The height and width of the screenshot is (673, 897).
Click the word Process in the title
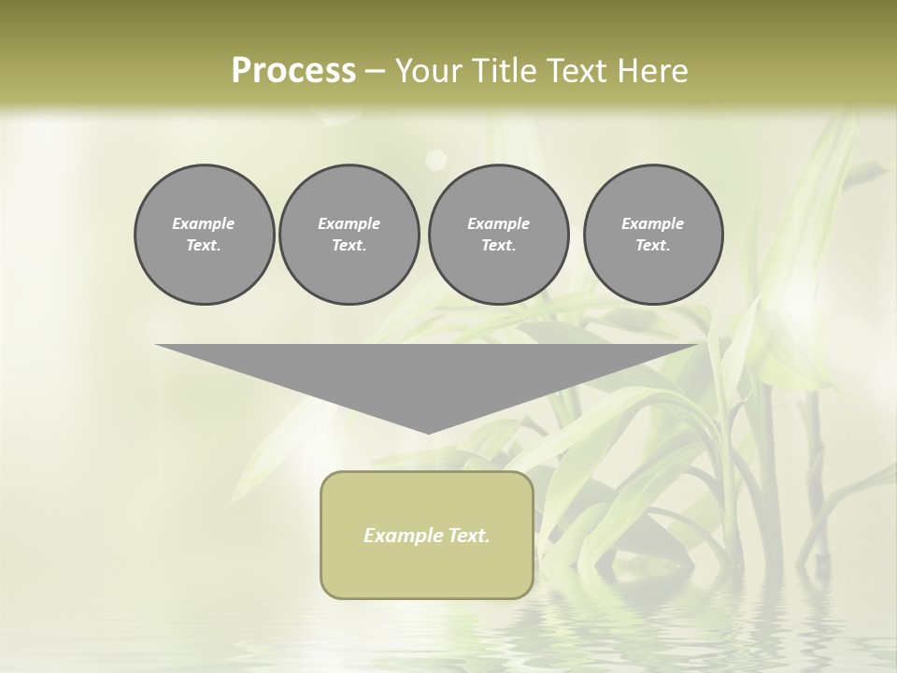click(293, 71)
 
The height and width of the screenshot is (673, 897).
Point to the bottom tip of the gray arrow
click(428, 432)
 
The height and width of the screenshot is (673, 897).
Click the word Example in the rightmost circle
click(652, 223)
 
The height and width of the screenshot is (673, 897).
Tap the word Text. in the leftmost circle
click(204, 246)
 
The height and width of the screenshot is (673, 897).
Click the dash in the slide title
click(375, 71)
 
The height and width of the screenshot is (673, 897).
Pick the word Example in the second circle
click(349, 223)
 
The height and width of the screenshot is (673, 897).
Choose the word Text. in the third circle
click(498, 246)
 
